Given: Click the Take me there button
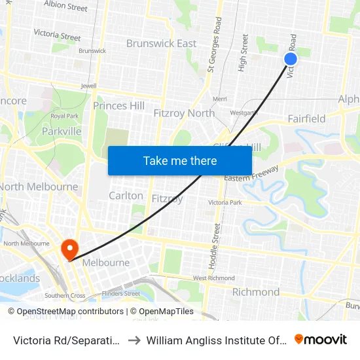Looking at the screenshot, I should [180, 160].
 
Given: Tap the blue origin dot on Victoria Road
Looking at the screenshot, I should [291, 59].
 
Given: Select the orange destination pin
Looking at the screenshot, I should [69, 249].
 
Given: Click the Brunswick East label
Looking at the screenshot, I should [161, 44].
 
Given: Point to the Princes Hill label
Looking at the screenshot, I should [118, 105].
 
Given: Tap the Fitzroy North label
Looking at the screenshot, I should [183, 113].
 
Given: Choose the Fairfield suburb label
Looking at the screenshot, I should [306, 118].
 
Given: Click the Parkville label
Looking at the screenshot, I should [62, 132].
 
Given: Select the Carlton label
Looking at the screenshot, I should [126, 196].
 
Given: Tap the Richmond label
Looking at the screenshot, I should [255, 292].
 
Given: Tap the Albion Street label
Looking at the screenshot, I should [65, 7].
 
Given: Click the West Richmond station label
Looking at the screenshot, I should [213, 278].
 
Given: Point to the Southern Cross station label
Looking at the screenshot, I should [64, 296].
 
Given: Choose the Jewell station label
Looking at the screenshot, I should [88, 86].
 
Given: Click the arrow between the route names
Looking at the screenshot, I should [133, 340].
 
